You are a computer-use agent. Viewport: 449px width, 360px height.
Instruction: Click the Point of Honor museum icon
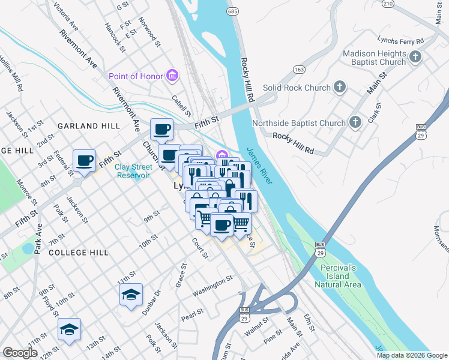point(173,76)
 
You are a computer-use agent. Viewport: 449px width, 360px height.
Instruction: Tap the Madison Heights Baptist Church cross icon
point(415,58)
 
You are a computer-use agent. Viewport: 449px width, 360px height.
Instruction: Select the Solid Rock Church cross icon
point(340,88)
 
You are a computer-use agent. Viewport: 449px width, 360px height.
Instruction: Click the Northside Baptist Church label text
point(299,123)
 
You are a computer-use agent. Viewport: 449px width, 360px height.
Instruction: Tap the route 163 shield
point(298,70)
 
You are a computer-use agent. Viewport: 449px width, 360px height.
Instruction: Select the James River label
point(259,166)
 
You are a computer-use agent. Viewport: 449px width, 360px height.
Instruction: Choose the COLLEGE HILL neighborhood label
point(79,253)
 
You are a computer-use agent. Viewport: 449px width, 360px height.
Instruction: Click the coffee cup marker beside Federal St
point(84,161)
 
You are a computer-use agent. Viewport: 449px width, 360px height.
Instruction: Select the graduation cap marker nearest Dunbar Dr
point(131,295)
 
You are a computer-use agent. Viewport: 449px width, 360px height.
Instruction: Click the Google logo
point(20,353)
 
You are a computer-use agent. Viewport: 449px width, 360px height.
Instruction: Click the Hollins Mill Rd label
point(11,74)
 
